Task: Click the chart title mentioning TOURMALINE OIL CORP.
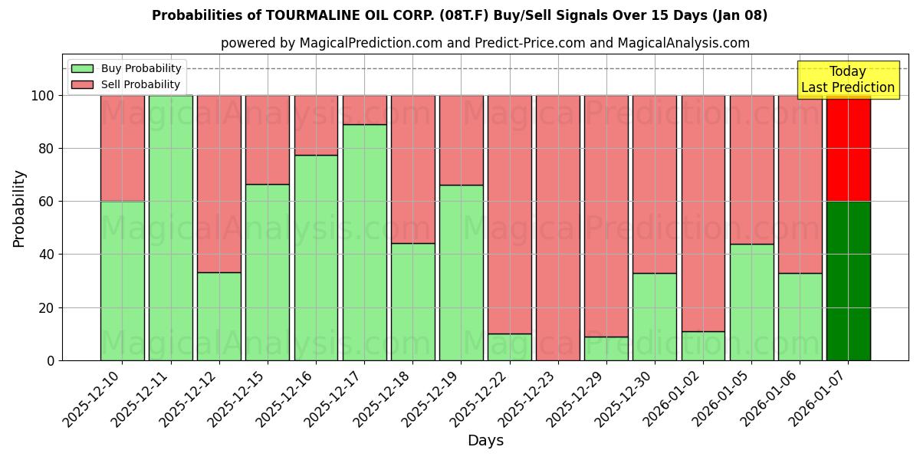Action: coord(459,15)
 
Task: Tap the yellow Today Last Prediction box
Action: coord(847,80)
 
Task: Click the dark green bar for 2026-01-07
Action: coord(848,281)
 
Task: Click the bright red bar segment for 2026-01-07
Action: coord(848,148)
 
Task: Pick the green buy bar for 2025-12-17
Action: coord(364,242)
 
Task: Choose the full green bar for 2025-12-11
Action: coord(170,228)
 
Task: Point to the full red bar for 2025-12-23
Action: coord(558,228)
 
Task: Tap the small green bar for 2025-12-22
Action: coord(510,347)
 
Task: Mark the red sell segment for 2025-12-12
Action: coord(219,184)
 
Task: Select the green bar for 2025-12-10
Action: coord(122,281)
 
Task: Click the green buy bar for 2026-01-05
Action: coord(751,302)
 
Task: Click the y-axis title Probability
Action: coord(19,209)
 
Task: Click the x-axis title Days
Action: coord(485,441)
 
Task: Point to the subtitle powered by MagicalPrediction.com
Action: coord(485,43)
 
